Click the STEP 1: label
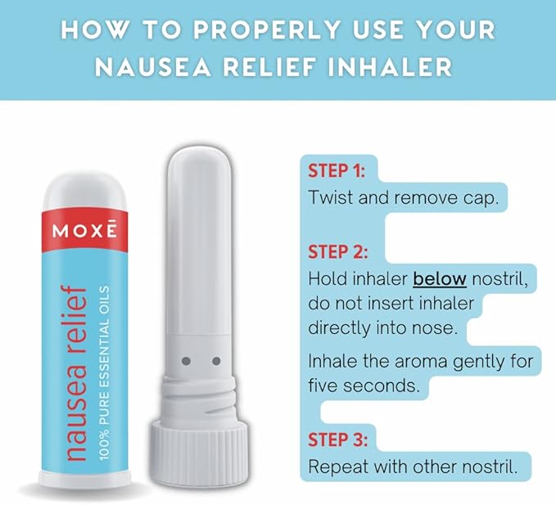(337, 171)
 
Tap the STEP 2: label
(337, 251)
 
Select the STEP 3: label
(337, 440)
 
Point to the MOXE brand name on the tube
(84, 231)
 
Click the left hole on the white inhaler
(184, 360)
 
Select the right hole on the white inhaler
(216, 360)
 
